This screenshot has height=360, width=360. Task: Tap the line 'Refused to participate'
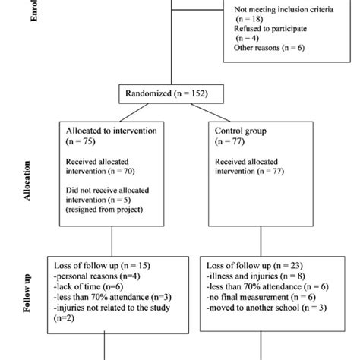pos(269,28)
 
